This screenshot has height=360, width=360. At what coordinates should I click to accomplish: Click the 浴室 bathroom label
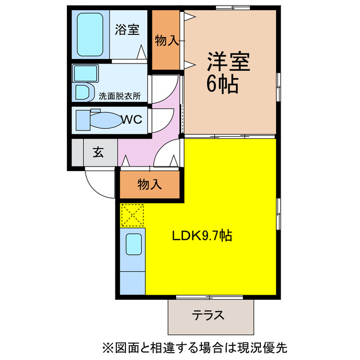[x=127, y=30]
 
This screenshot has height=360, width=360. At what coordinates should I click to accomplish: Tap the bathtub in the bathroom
[x=88, y=35]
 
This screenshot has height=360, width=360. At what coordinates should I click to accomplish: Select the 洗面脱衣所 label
[x=119, y=96]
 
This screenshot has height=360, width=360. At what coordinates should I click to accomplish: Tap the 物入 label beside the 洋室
[x=167, y=40]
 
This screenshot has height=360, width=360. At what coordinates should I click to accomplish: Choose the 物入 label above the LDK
[x=150, y=184]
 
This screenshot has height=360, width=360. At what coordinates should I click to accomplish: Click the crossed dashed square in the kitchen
[x=133, y=215]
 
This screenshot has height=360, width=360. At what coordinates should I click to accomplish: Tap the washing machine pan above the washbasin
[x=85, y=74]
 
